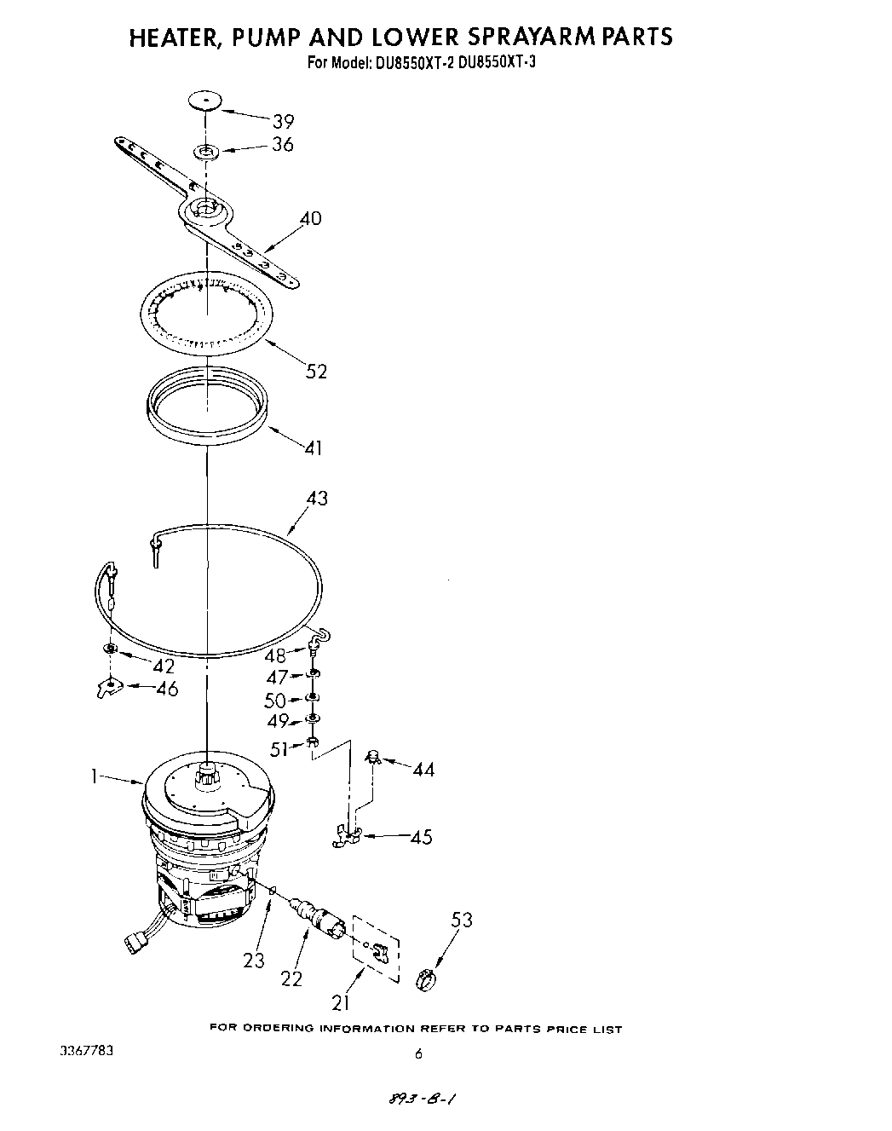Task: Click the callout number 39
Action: (282, 121)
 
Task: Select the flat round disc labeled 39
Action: (204, 101)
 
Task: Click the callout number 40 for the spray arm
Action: (310, 218)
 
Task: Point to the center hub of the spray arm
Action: (205, 209)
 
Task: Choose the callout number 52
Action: (315, 372)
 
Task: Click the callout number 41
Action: (313, 447)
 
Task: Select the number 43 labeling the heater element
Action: (316, 498)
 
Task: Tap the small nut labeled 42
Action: (111, 650)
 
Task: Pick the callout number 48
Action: (275, 656)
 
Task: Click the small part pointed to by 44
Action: (372, 755)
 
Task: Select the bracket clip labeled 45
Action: (348, 838)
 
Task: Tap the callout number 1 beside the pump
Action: (96, 776)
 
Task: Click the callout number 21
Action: (341, 1003)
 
